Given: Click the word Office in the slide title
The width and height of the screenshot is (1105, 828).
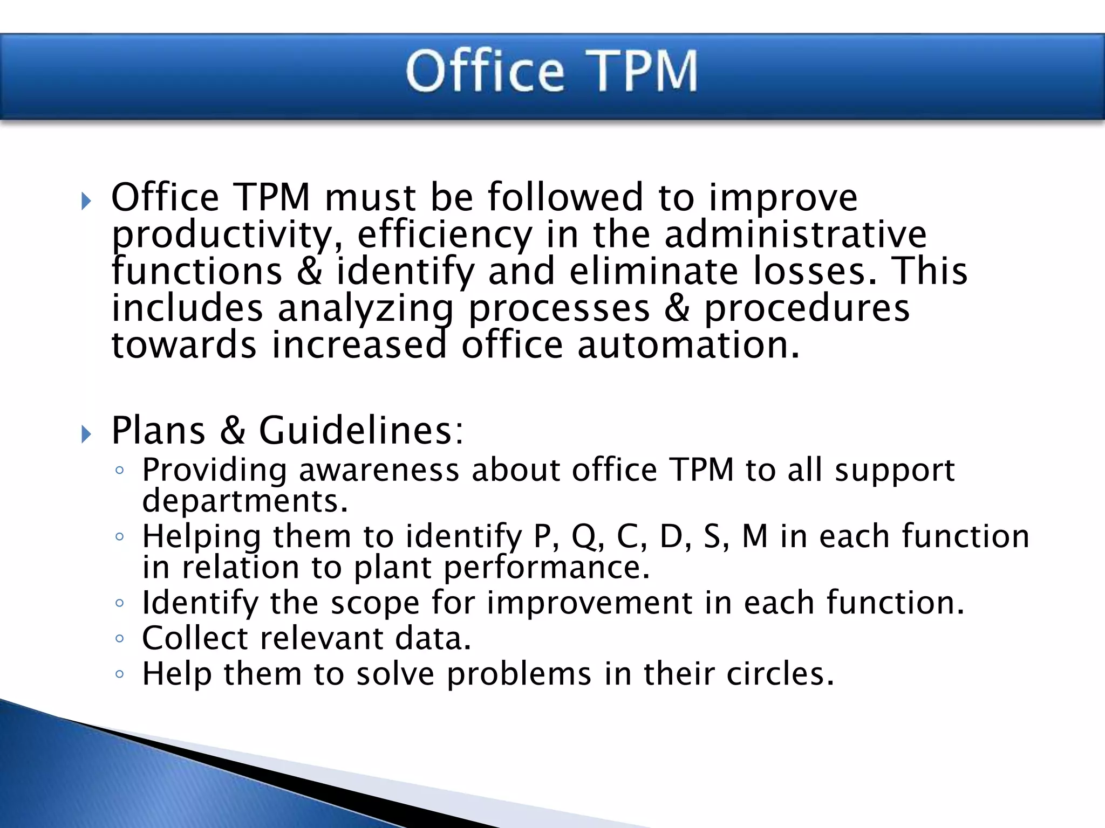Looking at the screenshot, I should [x=485, y=71].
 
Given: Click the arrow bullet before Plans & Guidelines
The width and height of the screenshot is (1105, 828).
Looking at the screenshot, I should [x=86, y=433].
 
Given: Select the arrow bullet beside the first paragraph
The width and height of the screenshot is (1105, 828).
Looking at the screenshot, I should [x=86, y=202].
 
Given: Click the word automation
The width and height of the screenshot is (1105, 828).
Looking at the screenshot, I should [x=688, y=345].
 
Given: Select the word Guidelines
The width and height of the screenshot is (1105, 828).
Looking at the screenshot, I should [x=360, y=431].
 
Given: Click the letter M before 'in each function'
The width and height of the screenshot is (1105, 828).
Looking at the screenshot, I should [x=755, y=537].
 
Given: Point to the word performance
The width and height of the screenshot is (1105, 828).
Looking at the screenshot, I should [x=547, y=568].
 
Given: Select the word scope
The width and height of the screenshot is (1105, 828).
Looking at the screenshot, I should [x=375, y=603].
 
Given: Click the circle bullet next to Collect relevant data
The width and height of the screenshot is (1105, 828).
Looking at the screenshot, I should [x=120, y=639].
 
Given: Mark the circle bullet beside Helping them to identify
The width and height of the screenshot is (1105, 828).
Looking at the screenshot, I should [x=120, y=536].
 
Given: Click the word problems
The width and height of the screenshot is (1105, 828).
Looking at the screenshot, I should [x=519, y=675].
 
